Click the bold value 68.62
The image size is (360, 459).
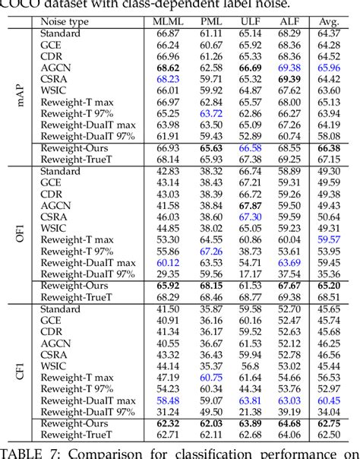pos(168,67)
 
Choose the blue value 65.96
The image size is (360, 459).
pos(327,67)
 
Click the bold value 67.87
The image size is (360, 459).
pos(250,205)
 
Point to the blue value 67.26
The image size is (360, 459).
pos(210,250)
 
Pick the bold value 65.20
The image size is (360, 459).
pos(327,286)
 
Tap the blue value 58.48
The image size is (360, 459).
pos(168,400)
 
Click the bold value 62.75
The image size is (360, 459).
pos(327,423)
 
